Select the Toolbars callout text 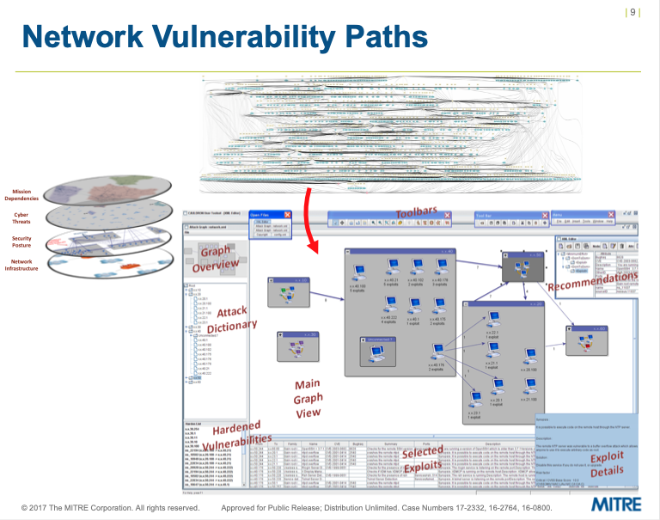coord(416,211)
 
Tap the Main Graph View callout coord(308,398)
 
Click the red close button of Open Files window coord(288,215)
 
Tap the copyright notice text coord(110,508)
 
